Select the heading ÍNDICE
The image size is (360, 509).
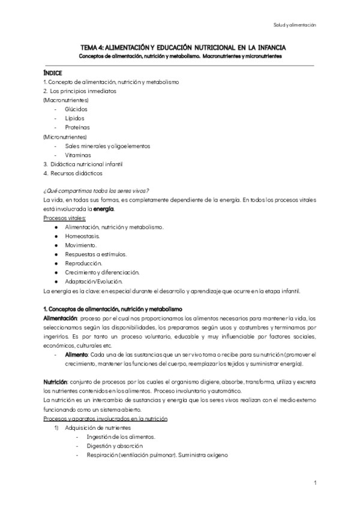[52, 72]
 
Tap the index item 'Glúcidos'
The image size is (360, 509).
[76, 109]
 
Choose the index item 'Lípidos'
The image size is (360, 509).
[74, 118]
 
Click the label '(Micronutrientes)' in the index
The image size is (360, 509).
[62, 137]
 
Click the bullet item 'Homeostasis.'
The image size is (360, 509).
[83, 236]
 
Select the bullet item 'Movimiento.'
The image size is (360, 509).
[82, 245]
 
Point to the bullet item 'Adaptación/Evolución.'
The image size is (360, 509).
[94, 282]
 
